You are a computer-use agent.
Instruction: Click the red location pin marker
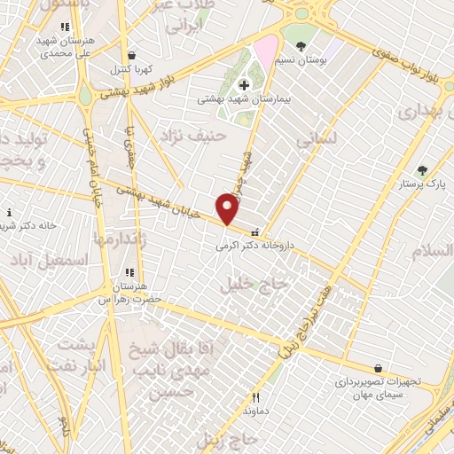(228, 209)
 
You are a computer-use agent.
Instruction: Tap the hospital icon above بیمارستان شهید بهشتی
(246, 85)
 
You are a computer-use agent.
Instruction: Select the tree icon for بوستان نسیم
(301, 46)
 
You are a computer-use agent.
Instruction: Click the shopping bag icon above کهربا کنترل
(131, 55)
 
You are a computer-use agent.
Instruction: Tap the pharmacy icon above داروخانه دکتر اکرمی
(257, 231)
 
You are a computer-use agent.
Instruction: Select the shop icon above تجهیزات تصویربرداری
(379, 368)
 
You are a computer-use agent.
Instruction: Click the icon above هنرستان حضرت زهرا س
(129, 273)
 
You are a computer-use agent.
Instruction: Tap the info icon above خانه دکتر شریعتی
(9, 213)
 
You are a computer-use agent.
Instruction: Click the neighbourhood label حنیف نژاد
(193, 136)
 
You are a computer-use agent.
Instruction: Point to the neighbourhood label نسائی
(317, 139)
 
